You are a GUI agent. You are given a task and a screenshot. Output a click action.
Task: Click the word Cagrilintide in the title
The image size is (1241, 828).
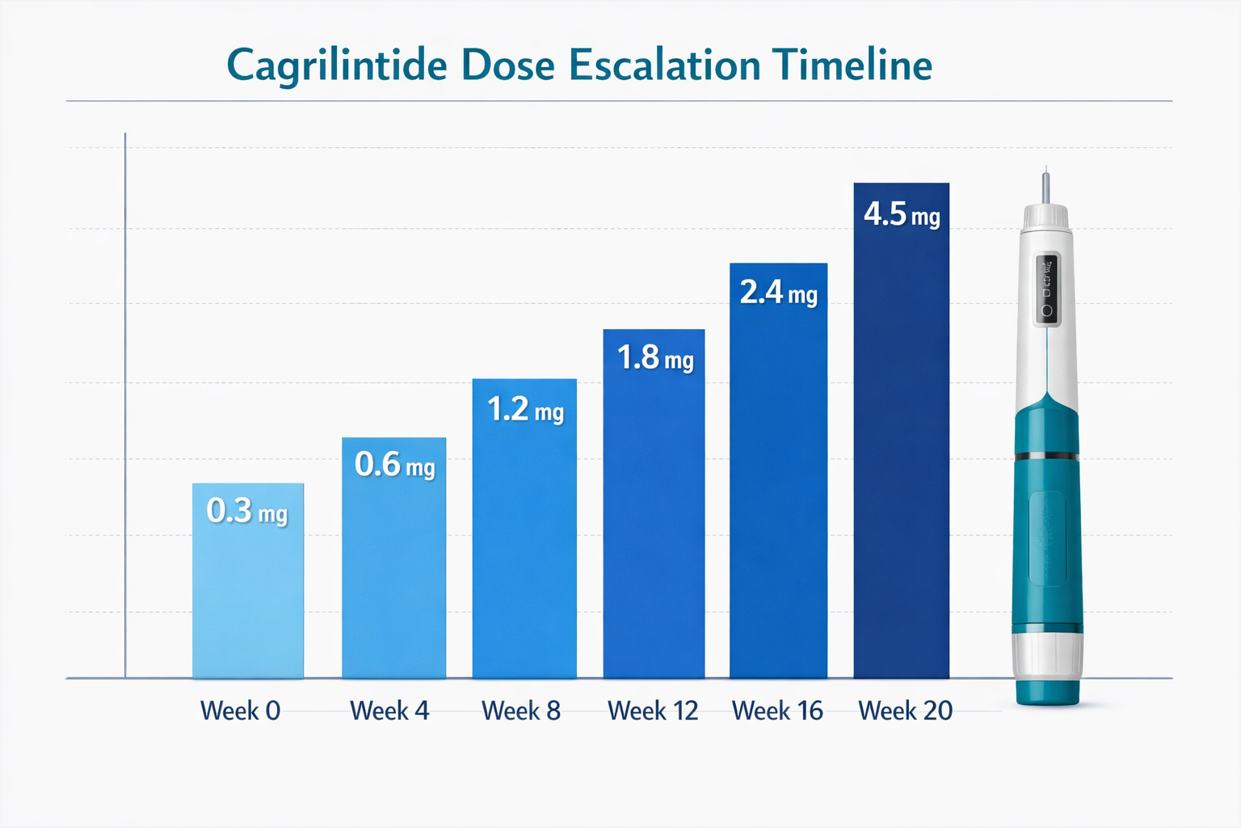335,66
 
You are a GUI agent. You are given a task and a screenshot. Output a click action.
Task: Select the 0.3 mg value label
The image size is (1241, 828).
247,511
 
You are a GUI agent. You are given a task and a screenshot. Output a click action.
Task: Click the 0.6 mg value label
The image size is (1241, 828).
394,465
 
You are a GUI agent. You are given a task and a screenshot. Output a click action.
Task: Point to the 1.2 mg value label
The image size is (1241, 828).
525,410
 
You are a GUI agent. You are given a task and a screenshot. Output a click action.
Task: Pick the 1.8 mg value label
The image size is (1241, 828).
654,358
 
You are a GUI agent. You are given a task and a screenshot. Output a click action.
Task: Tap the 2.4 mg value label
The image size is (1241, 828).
778,293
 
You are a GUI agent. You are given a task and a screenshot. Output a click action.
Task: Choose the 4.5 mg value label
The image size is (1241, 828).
902,215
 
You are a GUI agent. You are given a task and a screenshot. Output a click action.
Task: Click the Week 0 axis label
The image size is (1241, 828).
240,711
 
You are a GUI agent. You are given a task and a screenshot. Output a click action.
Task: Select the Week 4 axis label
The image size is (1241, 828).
389,711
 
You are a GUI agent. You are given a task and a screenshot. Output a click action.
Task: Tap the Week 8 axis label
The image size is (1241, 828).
521,711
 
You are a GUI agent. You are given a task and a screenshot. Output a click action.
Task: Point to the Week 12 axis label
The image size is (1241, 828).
653,711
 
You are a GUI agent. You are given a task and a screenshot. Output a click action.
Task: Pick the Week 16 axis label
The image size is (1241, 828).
777,711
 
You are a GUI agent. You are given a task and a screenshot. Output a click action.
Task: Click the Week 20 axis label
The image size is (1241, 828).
905,711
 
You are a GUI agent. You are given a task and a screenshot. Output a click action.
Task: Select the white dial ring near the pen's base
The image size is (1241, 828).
1048,656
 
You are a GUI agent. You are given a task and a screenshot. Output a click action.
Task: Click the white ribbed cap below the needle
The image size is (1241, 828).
1047,217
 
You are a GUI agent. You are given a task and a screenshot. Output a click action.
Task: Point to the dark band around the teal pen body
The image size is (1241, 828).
1047,457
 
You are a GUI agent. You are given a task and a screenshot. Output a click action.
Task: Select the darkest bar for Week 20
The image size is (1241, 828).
902,453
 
